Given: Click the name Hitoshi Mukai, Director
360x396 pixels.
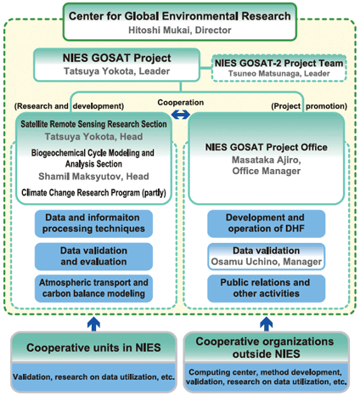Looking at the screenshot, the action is click(x=180, y=30).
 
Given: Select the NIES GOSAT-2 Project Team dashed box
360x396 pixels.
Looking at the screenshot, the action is click(x=279, y=68).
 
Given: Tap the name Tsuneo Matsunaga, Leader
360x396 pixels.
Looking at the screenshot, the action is click(x=279, y=74).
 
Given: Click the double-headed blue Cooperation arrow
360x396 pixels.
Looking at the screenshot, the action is click(x=181, y=115).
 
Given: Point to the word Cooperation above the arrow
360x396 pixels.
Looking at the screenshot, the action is click(x=181, y=102).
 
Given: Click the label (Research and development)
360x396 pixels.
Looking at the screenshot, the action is click(x=69, y=106).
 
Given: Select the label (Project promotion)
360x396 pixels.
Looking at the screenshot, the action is click(x=309, y=106).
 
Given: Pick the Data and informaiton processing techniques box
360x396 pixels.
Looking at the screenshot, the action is click(x=93, y=223).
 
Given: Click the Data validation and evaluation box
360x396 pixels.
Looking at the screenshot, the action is click(x=93, y=256).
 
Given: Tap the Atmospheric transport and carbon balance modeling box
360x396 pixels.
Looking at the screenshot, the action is click(x=93, y=288).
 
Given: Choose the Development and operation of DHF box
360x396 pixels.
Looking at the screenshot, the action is click(x=267, y=223).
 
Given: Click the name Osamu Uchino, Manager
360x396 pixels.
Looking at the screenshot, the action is click(x=267, y=262).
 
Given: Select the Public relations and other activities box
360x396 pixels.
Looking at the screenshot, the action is click(x=267, y=288).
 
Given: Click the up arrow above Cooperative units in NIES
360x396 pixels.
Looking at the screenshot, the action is click(x=93, y=324).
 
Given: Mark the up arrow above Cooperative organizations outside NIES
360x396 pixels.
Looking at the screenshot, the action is click(x=267, y=324).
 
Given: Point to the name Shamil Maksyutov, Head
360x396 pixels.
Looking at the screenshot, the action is click(x=93, y=177).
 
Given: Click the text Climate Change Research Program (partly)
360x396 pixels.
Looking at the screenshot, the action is click(x=93, y=193).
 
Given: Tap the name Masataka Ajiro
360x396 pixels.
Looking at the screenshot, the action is click(x=266, y=160).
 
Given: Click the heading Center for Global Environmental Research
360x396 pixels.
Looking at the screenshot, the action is click(x=180, y=16).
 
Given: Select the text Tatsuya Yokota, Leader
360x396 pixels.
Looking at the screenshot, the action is click(x=116, y=71).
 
